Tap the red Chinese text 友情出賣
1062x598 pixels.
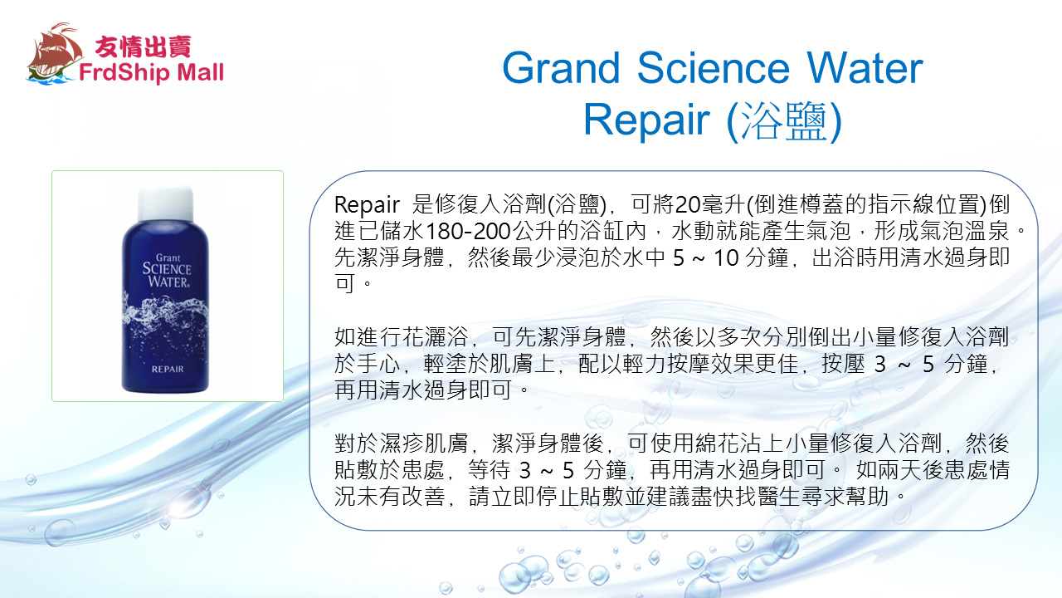(144, 47)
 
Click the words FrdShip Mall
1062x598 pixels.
(151, 72)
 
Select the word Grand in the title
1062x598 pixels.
(561, 68)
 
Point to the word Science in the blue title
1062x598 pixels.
(714, 68)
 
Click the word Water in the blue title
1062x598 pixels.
(865, 68)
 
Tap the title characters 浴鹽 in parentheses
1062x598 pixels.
(784, 121)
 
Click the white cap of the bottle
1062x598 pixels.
(165, 203)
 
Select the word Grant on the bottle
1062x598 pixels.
(168, 257)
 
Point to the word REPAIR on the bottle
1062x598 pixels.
(168, 370)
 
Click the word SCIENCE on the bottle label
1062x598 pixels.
(167, 269)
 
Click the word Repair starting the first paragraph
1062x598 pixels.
(367, 205)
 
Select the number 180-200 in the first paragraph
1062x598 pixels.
(469, 232)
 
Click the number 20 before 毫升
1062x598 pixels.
(688, 205)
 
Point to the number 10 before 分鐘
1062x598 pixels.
(726, 258)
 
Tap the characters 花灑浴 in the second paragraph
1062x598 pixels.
(435, 337)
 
